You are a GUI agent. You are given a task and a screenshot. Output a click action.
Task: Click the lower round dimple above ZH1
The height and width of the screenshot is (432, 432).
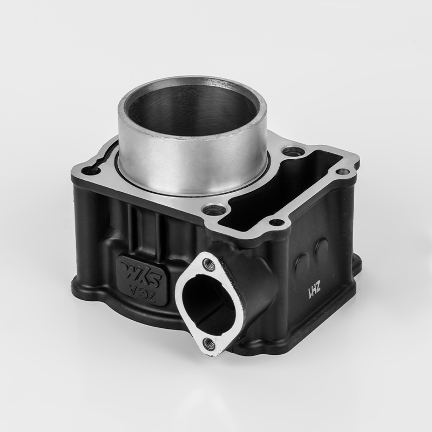(302, 262)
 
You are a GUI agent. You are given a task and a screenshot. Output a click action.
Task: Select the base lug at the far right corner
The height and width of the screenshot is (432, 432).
(357, 264)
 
